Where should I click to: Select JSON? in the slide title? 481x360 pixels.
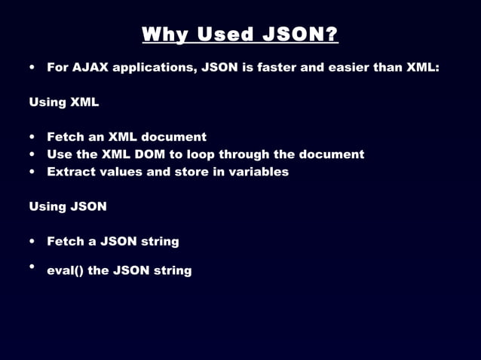point(299,35)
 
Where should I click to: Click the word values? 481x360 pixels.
point(121,172)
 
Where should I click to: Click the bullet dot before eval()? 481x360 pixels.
point(32,267)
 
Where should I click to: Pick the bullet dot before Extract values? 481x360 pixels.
point(32,172)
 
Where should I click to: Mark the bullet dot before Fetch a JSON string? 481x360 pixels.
point(32,242)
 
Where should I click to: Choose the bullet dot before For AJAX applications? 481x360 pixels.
point(32,67)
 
